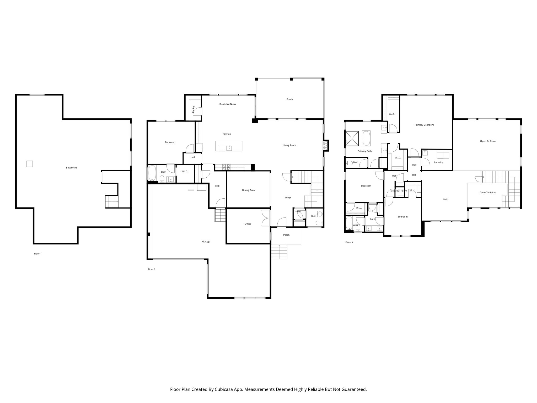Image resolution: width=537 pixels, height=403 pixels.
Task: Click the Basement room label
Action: [x=71, y=168]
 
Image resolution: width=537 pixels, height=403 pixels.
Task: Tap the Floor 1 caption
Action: [x=38, y=254]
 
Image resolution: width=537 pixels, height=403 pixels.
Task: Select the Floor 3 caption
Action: [x=349, y=242]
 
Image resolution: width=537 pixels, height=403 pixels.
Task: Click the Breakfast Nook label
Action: [x=228, y=104]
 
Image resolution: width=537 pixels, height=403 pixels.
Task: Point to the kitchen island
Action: [x=229, y=146]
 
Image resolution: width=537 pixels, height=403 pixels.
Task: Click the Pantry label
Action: [x=193, y=109]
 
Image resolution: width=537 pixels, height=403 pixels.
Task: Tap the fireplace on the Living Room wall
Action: [x=325, y=145]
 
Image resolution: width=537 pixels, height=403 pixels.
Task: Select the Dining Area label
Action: [x=248, y=190]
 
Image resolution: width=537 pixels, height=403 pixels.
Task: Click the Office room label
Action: [x=248, y=224]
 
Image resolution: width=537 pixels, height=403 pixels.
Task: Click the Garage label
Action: [x=206, y=242]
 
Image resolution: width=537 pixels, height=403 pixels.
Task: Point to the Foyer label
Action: [x=288, y=198]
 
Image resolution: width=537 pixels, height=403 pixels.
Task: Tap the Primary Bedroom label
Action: [x=424, y=125]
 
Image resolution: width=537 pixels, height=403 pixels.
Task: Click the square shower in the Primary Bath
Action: [x=352, y=138]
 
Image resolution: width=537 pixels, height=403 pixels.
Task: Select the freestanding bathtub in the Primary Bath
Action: [x=366, y=138]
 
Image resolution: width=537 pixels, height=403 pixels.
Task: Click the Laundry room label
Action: [x=438, y=162]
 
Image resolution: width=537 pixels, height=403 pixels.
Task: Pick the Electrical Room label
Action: [x=399, y=191]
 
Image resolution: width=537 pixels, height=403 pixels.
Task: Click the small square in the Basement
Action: [x=30, y=164]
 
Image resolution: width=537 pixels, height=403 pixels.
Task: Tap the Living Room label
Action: [x=289, y=145]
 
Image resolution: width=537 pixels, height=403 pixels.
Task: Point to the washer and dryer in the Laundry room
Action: [x=443, y=155]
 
